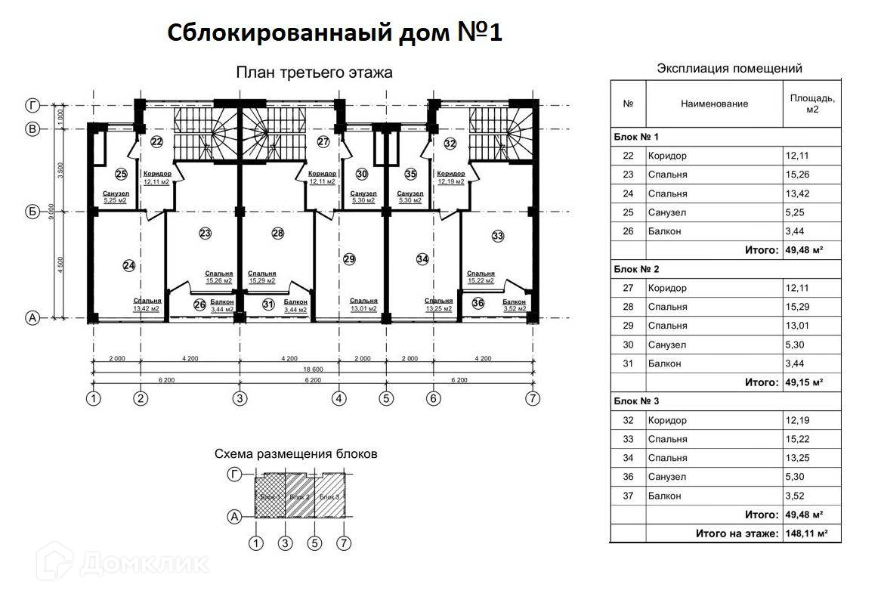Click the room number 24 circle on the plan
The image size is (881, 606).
click(x=128, y=265)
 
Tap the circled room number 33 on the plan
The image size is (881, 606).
click(x=497, y=237)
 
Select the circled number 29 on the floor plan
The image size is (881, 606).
click(x=348, y=259)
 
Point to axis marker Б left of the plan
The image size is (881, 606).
click(x=32, y=212)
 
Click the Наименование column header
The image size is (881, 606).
click(x=714, y=104)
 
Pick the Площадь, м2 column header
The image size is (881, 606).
click(x=812, y=104)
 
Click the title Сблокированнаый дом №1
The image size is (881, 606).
click(x=334, y=33)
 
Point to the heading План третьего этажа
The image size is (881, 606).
click(x=314, y=73)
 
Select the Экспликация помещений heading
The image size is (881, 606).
click(x=729, y=68)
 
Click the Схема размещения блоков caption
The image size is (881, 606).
click(x=295, y=454)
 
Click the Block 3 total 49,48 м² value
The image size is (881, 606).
click(x=804, y=515)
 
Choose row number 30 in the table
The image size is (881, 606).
click(x=628, y=345)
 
